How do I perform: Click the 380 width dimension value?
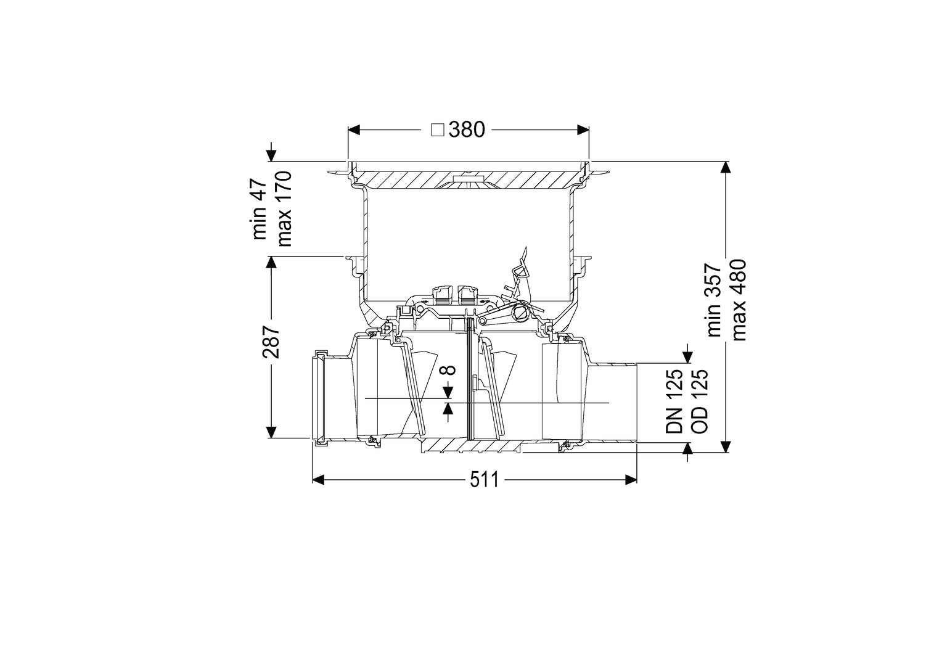(x=467, y=129)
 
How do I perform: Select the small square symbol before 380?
(x=438, y=130)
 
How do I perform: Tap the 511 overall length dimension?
(x=484, y=480)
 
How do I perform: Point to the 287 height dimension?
(x=271, y=342)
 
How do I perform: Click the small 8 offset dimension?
(x=449, y=370)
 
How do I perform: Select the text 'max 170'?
(x=284, y=208)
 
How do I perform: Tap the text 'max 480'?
(x=739, y=300)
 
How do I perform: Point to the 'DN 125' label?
(x=674, y=401)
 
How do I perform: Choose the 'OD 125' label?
(x=700, y=401)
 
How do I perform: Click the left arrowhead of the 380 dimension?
(x=354, y=129)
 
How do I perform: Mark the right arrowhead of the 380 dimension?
(x=583, y=129)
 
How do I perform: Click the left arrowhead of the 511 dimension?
(x=319, y=480)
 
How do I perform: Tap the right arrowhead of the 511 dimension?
(x=631, y=480)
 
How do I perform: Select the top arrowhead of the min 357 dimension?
(x=726, y=168)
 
